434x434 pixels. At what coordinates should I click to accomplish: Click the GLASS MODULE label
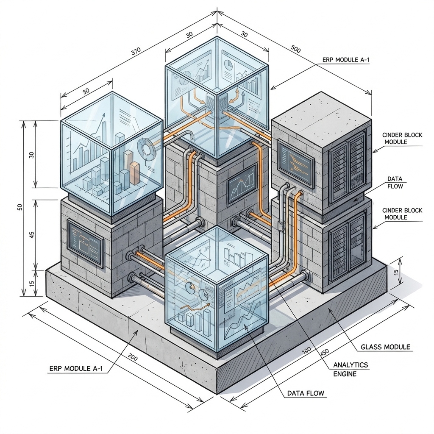385,347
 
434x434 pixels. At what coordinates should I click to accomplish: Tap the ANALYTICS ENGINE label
351,369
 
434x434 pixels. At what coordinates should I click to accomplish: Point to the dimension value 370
136,52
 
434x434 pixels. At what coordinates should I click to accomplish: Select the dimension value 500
296,49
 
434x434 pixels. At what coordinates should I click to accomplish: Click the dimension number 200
132,357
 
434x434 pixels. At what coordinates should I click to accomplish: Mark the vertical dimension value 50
19,207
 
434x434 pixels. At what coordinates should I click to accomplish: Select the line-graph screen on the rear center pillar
242,184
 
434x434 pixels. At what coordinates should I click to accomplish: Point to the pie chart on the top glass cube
228,65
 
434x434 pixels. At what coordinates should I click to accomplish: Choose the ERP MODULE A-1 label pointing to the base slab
75,368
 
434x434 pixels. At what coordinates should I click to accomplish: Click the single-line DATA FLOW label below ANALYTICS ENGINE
306,393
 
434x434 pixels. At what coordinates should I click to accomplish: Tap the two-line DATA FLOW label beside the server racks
395,182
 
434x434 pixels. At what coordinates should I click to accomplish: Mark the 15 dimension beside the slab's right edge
397,275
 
